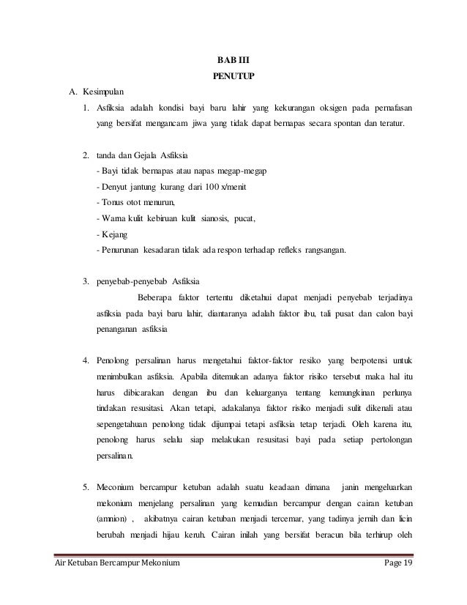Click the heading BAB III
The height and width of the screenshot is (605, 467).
233,59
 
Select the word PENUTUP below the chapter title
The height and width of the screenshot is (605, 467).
233,75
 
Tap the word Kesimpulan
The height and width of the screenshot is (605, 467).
103,92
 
